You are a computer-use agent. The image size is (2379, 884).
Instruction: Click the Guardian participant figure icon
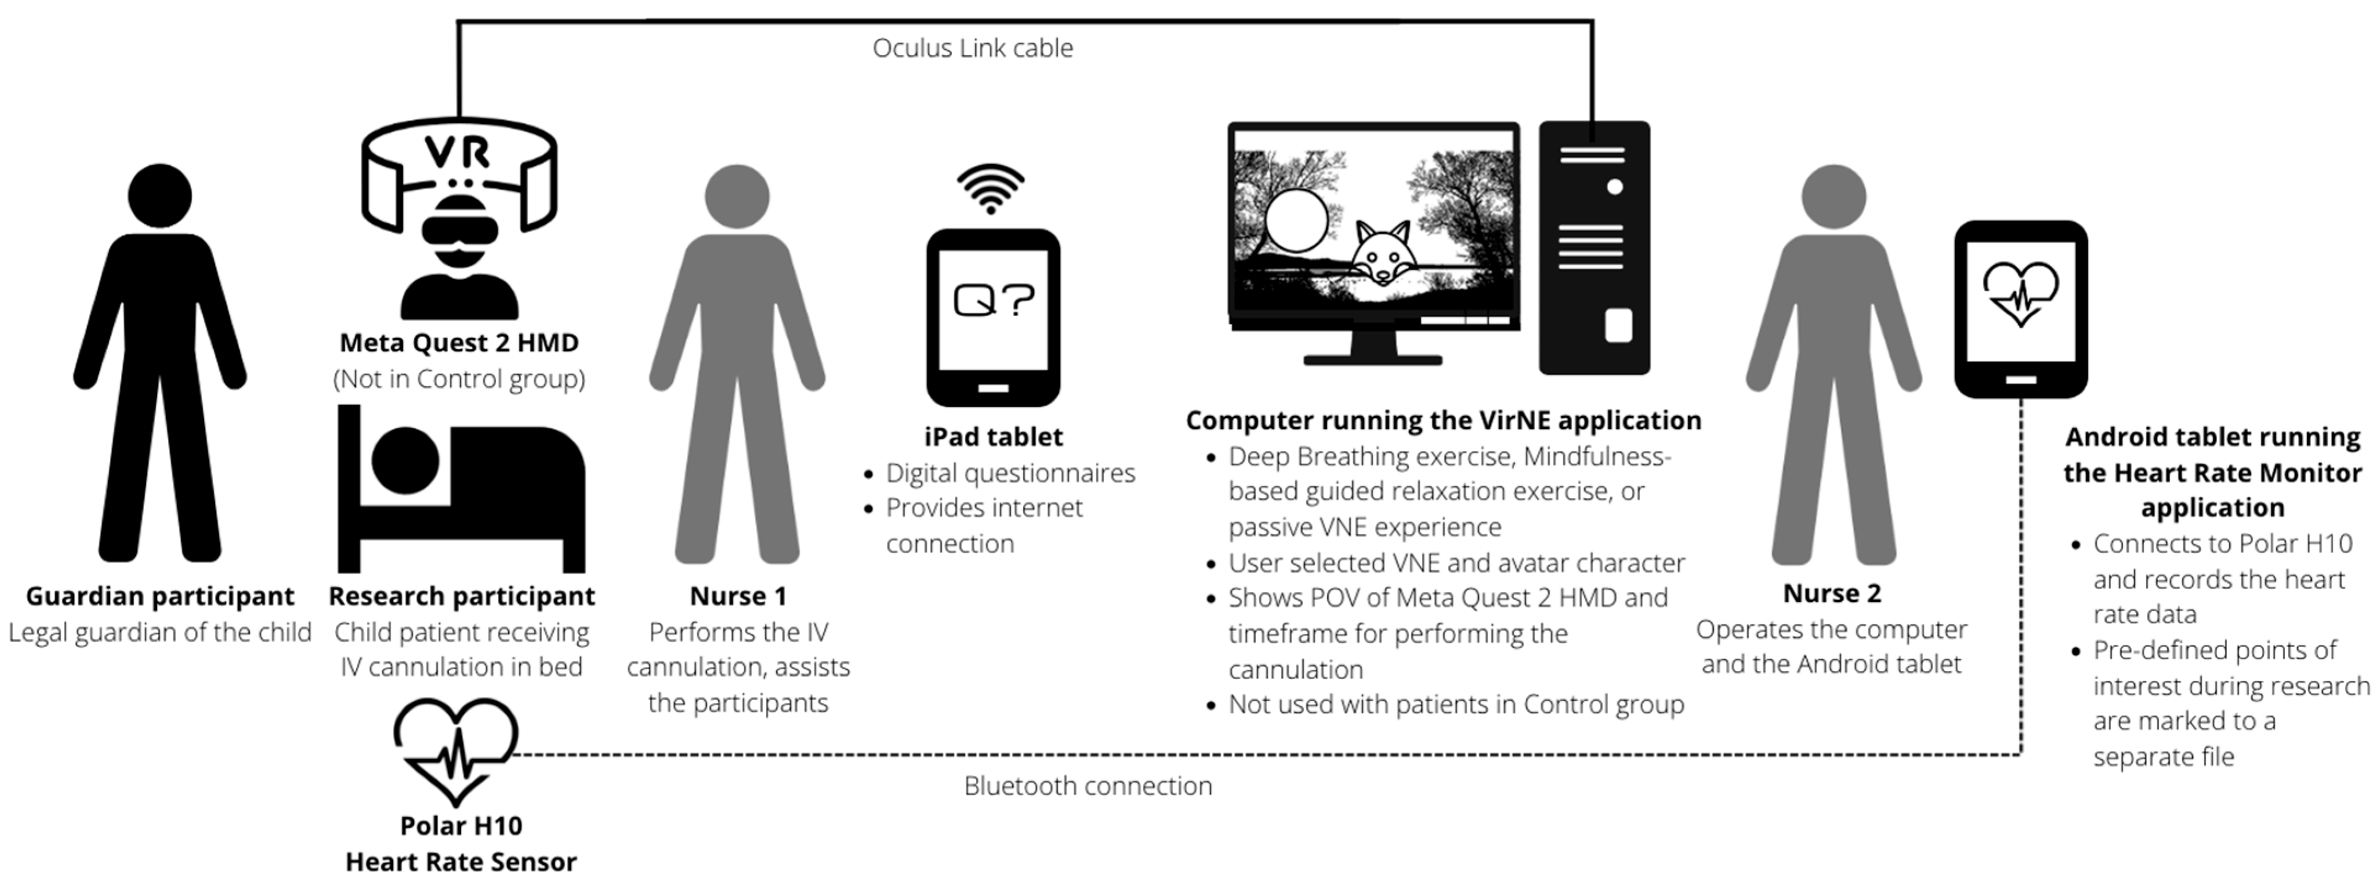160,369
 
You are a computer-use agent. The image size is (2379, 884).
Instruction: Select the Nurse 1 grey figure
737,369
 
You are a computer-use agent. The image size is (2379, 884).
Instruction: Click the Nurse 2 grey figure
1833,369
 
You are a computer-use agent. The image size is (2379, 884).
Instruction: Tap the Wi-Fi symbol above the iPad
991,189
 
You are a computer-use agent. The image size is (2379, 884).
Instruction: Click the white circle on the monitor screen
1296,220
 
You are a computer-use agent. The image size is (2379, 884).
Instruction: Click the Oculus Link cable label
972,48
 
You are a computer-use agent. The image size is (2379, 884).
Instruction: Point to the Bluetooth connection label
1088,786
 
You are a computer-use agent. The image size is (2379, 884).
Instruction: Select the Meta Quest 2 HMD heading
459,342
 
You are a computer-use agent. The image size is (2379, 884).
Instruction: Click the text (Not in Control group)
459,379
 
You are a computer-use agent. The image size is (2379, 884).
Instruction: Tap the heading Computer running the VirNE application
1443,420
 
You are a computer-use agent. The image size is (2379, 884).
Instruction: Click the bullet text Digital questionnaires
1010,473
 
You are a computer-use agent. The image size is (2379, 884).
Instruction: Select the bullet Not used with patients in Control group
1456,705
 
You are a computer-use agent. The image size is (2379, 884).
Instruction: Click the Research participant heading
462,596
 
